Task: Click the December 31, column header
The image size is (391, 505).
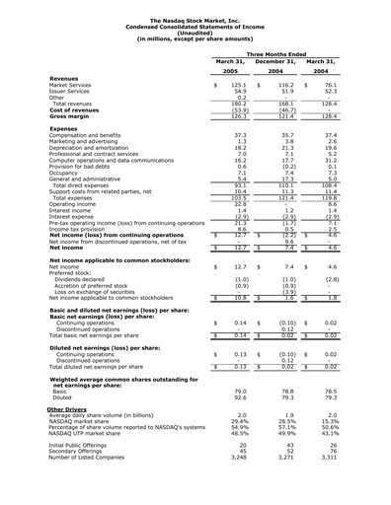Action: [x=277, y=62]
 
